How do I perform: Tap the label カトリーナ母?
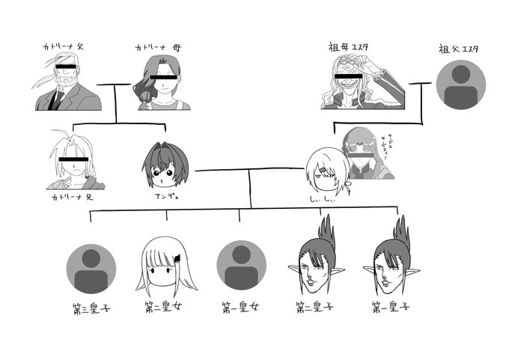pyautogui.click(x=157, y=47)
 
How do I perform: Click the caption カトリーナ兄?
pyautogui.click(x=70, y=198)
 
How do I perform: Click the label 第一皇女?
pyautogui.click(x=240, y=307)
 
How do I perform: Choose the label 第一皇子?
pyautogui.click(x=391, y=307)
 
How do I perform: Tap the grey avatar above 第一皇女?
pyautogui.click(x=241, y=266)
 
